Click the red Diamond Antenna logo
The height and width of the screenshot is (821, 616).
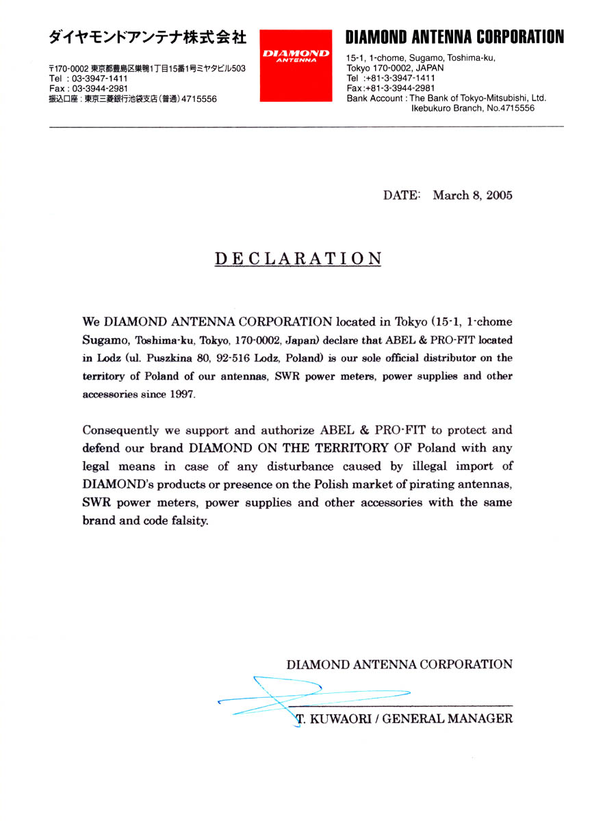(296, 65)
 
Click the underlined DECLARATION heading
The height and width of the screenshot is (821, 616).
(298, 259)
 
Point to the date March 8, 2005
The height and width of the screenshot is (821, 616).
(472, 196)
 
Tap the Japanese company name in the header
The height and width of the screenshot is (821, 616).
(147, 38)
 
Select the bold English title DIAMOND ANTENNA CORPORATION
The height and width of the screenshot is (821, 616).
(455, 37)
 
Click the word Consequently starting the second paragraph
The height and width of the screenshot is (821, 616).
(123, 430)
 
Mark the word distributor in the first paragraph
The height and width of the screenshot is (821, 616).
(428, 358)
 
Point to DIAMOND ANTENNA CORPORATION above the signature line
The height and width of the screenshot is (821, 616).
(399, 664)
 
